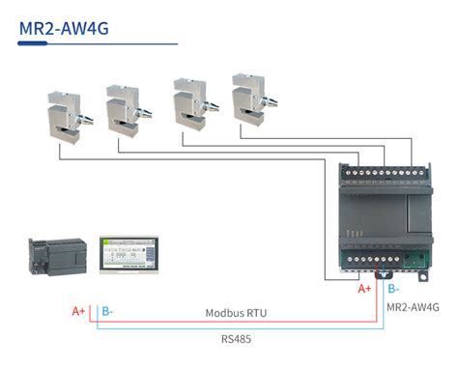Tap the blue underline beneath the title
[97, 43]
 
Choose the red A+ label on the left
[79, 312]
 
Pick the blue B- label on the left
[107, 312]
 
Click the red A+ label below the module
[364, 289]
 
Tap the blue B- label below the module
[392, 289]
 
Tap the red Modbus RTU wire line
[232, 324]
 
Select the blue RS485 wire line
[232, 329]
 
